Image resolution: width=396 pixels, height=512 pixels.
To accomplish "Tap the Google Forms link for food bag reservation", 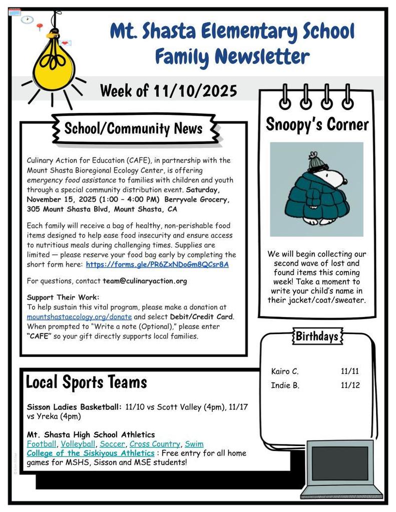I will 157,264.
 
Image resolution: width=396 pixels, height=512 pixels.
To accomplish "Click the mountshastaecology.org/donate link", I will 79,317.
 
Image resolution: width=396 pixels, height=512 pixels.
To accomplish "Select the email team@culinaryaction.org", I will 145,281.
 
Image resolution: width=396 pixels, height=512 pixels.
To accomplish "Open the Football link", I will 41,444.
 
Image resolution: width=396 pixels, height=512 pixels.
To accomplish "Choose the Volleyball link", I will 78,444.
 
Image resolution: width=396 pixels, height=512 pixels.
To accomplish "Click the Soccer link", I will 112,444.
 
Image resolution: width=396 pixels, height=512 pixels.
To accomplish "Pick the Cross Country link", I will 154,444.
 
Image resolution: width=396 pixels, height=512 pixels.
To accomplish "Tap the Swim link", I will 194,444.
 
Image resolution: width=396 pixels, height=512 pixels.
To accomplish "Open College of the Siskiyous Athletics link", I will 90,453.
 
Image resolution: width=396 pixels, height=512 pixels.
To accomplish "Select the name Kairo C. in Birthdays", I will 284,371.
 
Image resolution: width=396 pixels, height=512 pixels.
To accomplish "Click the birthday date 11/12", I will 350,385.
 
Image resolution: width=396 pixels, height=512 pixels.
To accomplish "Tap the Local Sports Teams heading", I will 86,382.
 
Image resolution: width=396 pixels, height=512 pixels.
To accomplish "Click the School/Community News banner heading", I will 133,128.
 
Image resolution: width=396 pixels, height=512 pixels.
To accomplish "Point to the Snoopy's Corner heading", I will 317,124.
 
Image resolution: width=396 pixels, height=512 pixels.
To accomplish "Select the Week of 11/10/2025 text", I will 168,91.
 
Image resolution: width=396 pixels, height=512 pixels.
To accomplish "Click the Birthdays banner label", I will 316,336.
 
